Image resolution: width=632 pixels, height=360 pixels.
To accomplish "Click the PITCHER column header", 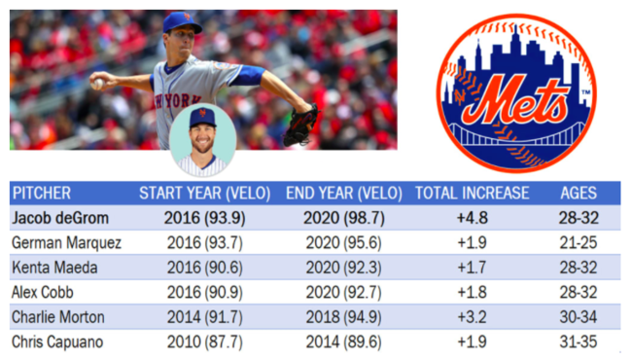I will click(42, 193).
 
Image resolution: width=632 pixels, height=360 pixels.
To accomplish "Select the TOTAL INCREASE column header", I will click(472, 193).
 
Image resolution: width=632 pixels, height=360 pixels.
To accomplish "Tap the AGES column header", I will click(578, 193).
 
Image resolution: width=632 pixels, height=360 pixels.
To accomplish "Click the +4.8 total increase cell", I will click(472, 217).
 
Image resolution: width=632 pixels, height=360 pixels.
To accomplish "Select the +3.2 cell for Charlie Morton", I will click(472, 317).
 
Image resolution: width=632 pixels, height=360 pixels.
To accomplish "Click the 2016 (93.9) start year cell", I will click(190, 217).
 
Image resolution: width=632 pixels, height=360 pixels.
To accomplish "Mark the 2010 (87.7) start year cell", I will click(190, 342).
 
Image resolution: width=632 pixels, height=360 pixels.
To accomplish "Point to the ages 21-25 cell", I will click(578, 242).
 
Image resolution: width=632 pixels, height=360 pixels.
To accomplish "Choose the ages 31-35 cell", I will click(578, 342).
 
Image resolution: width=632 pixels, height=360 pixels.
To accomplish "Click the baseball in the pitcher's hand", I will click(97, 85).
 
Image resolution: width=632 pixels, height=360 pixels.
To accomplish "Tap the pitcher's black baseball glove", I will click(300, 126).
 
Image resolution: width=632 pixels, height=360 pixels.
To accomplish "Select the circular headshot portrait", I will click(202, 139).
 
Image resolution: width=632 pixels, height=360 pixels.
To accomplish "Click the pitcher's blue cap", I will click(181, 21).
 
